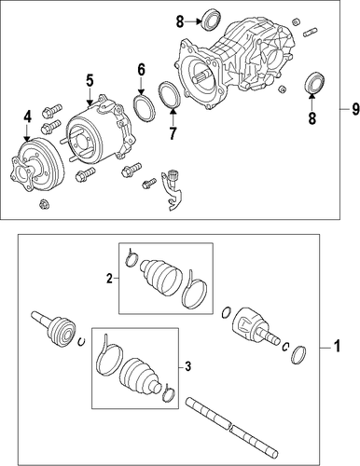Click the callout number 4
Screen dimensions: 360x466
[x=27, y=117]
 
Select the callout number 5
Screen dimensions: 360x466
[x=90, y=80]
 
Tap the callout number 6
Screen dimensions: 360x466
[x=141, y=70]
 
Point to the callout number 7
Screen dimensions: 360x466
[x=173, y=133]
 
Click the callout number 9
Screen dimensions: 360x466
[x=355, y=109]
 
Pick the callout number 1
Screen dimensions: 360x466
[x=338, y=346]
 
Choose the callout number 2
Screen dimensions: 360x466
[x=109, y=279]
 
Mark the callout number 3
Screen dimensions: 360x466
[x=187, y=367]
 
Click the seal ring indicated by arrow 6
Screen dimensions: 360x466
[x=145, y=108]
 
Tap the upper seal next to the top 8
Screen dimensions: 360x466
[x=212, y=20]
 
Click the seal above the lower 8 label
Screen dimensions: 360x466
[x=314, y=82]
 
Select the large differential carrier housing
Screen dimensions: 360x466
[x=235, y=64]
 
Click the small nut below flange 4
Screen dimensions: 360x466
[x=45, y=204]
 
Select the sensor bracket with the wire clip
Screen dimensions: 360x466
[x=172, y=190]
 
